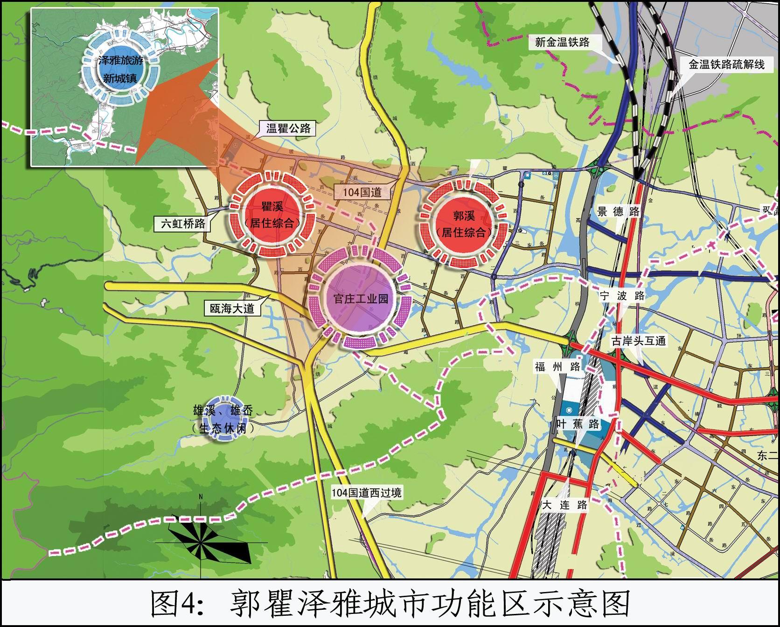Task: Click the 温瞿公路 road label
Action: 288,128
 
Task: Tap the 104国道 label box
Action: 362,191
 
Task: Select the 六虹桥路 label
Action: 183,224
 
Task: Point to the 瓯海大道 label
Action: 232,308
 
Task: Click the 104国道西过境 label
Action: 366,493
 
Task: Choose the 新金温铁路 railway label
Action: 562,42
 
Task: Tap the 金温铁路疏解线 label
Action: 726,64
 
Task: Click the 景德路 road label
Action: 619,211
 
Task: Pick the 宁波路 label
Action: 622,296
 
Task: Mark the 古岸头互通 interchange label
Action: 639,341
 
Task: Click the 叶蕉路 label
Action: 578,424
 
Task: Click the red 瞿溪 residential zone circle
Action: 272,214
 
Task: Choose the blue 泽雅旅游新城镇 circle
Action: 120,68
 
